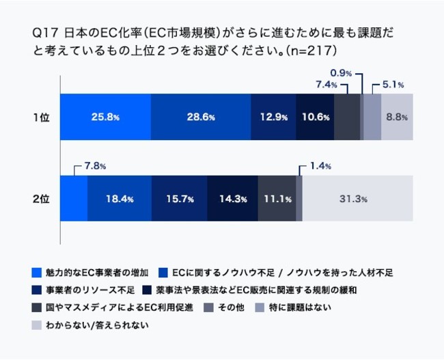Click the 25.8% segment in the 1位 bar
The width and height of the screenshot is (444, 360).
tap(105, 117)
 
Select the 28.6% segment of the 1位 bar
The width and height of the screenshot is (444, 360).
tap(201, 117)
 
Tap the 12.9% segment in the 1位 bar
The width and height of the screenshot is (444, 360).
tap(273, 117)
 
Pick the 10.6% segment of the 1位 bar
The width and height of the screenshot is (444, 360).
tap(315, 117)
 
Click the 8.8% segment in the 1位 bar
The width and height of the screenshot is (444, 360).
tap(397, 117)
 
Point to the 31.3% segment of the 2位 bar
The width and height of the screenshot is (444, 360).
tap(354, 199)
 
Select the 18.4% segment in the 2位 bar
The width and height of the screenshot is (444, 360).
tap(119, 199)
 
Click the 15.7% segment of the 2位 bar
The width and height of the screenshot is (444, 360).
tap(179, 199)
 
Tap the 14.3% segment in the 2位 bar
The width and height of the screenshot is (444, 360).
tap(232, 199)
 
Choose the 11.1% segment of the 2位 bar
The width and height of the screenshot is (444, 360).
tap(277, 199)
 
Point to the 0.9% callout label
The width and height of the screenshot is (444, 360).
tap(341, 72)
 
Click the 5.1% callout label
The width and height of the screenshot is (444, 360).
tap(392, 85)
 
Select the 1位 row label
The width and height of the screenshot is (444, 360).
tap(41, 117)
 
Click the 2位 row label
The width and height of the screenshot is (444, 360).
tap(41, 199)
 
